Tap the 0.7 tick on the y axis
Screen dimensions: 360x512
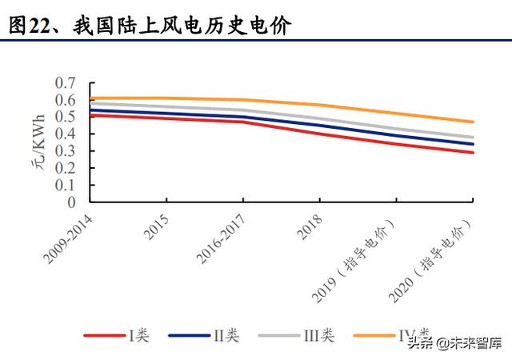[66, 83]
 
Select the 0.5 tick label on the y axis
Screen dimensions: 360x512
[66, 117]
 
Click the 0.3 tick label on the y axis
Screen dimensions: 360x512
[66, 150]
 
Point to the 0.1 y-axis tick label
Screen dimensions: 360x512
[66, 184]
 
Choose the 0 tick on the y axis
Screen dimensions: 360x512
[71, 201]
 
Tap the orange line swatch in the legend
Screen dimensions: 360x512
[376, 334]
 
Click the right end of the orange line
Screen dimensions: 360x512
[473, 122]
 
